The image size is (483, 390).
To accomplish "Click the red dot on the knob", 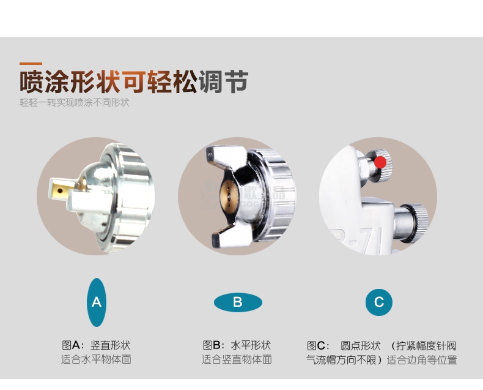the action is tap(380, 162).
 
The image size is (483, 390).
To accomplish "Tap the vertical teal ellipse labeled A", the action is tap(97, 302).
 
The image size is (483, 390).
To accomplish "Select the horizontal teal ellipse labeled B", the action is tap(238, 302).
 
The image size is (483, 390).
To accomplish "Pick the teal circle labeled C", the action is tap(379, 302).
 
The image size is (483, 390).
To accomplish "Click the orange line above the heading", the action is tap(31, 64).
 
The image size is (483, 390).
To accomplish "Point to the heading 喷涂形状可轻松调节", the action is tap(134, 82).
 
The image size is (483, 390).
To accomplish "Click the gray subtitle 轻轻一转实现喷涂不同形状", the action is tap(74, 102).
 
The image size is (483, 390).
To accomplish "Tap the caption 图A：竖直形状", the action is tap(96, 345).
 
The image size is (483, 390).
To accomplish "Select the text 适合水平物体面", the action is tap(96, 359).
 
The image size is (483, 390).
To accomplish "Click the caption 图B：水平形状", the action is tap(237, 345).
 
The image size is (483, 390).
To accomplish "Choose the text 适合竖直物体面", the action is tap(237, 359).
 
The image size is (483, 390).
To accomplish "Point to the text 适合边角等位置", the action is tap(422, 360).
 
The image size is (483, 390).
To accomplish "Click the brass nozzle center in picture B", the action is tap(229, 195).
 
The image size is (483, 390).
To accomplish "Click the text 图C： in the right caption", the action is tap(318, 345).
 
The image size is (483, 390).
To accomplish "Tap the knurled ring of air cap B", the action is tap(276, 194).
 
